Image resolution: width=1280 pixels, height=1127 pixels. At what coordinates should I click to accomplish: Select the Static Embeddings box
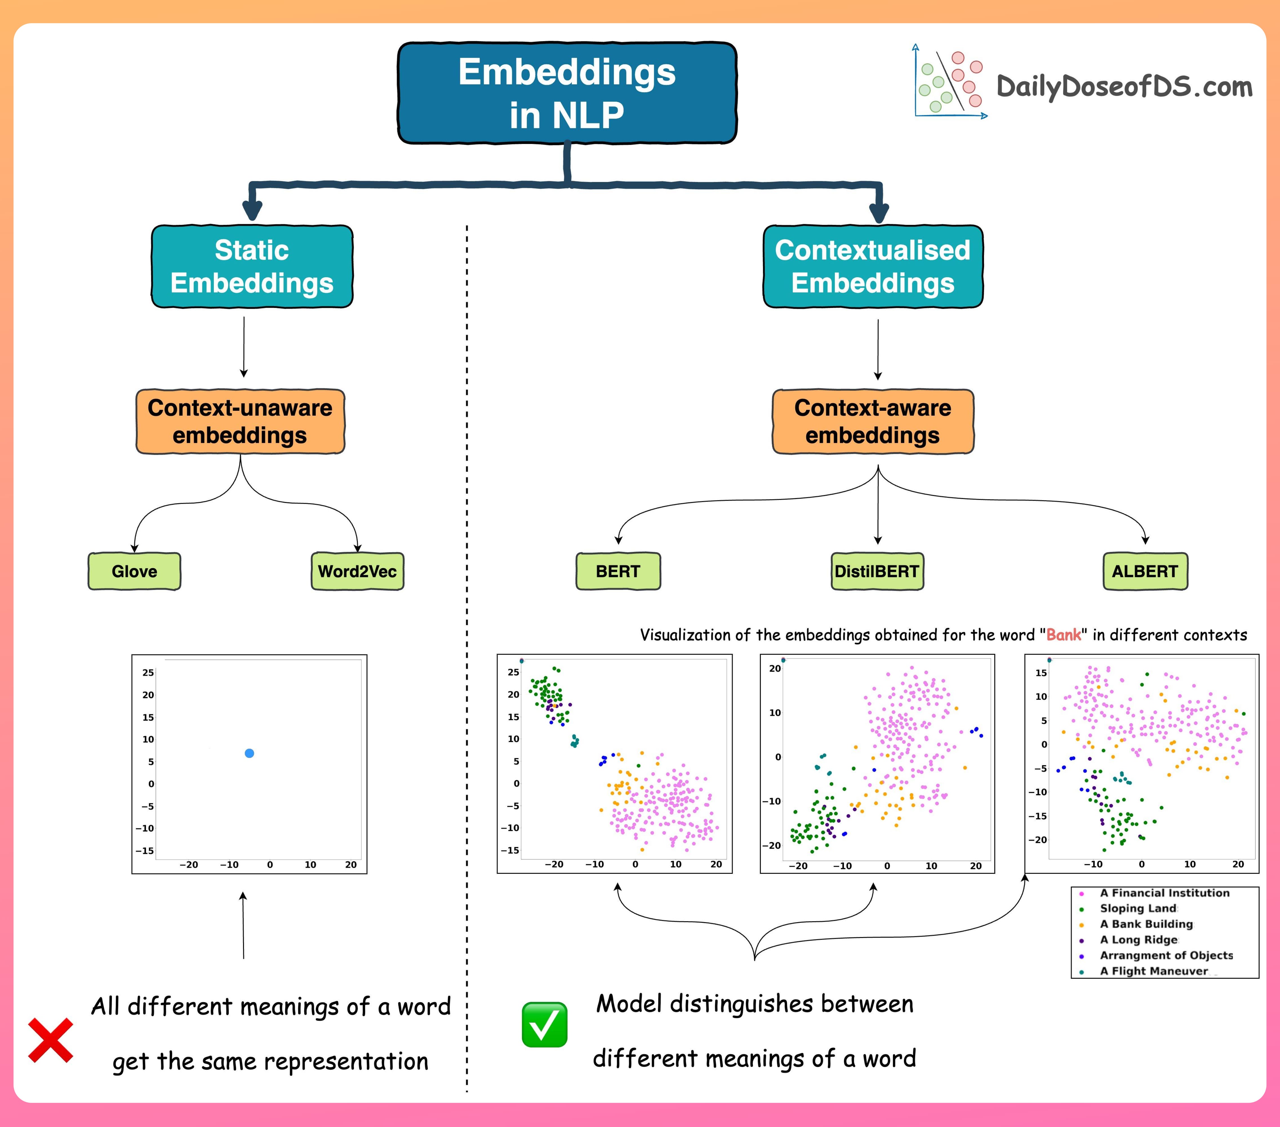click(252, 266)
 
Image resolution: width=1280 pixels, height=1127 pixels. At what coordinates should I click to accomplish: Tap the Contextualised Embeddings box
click(872, 266)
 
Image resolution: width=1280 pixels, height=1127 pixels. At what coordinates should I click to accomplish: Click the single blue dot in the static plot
click(249, 753)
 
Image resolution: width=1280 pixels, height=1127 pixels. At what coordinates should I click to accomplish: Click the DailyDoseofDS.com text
click(1124, 86)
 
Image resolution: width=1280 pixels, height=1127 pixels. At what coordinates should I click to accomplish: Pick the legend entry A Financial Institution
click(1164, 893)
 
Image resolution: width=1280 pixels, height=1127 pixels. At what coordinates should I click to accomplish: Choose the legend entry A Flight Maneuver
click(1154, 971)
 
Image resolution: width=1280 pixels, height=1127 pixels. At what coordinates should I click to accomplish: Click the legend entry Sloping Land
click(1138, 908)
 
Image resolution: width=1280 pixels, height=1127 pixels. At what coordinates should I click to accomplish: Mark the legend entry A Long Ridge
click(1139, 940)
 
